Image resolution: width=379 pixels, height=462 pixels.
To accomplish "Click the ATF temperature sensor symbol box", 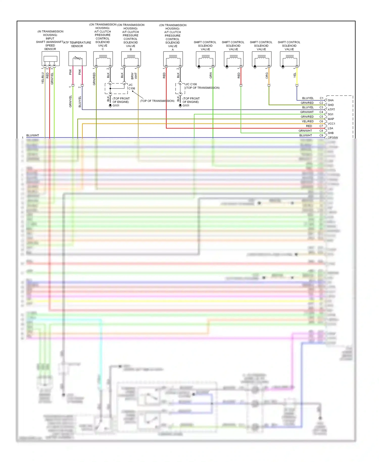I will (77, 59).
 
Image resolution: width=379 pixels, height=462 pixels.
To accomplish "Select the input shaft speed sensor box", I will (51, 59).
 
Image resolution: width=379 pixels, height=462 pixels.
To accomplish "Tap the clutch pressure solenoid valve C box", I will (103, 59).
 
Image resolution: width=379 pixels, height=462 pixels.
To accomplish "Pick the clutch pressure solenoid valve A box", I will (173, 59).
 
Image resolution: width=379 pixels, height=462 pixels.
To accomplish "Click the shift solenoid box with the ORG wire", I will (262, 59).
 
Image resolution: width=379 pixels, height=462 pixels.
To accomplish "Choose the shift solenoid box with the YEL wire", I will (290, 59).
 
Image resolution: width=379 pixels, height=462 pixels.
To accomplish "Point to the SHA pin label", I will (331, 100).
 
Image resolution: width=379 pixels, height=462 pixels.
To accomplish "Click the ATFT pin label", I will (331, 110).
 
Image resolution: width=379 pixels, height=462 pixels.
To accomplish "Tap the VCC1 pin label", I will (331, 124).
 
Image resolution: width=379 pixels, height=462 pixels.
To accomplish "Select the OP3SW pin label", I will (333, 138).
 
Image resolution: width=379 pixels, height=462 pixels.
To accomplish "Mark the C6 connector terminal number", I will (321, 121).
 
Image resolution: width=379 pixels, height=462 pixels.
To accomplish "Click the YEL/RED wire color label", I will (307, 121).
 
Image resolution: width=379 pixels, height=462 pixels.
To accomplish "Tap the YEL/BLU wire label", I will (43, 78).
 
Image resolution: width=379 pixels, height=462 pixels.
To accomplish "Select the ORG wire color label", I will (267, 76).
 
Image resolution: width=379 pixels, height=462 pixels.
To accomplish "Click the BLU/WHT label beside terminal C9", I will (305, 135).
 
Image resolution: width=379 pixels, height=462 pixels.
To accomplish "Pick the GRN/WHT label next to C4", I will (307, 112).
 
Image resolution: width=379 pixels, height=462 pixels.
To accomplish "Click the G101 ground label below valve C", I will (116, 105).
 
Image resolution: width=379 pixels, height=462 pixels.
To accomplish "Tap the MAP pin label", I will (331, 119).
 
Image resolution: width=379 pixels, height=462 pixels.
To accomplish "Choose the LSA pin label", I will (330, 128).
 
